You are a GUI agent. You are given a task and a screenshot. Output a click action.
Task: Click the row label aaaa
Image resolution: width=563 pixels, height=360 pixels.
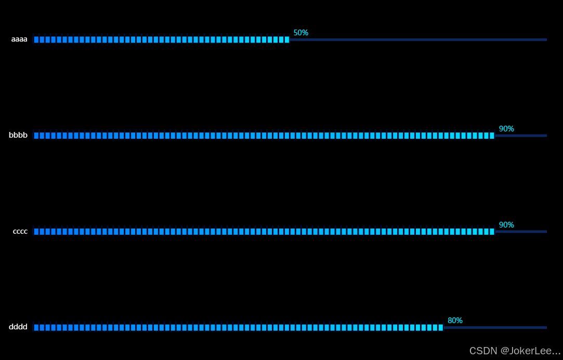pyautogui.click(x=19, y=39)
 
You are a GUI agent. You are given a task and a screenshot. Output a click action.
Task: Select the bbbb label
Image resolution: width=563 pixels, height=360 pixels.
pyautogui.click(x=18, y=136)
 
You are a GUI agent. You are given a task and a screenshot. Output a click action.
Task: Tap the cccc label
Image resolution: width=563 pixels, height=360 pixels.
pyautogui.click(x=20, y=232)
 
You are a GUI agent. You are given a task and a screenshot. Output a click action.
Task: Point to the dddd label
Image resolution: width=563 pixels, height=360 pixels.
pyautogui.click(x=18, y=327)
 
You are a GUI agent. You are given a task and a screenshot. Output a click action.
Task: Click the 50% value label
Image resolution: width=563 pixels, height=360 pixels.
pyautogui.click(x=300, y=33)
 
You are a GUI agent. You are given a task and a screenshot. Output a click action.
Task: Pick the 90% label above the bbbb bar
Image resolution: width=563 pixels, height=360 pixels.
pyautogui.click(x=506, y=129)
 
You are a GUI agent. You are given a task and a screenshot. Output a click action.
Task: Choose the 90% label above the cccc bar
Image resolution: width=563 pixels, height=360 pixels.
pyautogui.click(x=506, y=225)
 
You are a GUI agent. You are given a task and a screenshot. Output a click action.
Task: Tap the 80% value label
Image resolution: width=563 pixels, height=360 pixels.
pyautogui.click(x=455, y=321)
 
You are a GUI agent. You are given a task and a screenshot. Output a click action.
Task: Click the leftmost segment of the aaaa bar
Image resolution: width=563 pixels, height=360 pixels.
pyautogui.click(x=36, y=39)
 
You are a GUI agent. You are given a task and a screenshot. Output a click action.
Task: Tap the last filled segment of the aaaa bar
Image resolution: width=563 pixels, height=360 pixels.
pyautogui.click(x=287, y=39)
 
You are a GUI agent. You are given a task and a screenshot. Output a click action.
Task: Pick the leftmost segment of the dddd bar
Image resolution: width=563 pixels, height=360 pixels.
pyautogui.click(x=36, y=328)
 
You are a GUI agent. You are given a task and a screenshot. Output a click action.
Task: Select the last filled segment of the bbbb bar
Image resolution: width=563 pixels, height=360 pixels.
pyautogui.click(x=492, y=136)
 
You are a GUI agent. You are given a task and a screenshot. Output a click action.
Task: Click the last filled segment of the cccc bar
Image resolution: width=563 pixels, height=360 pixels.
pyautogui.click(x=492, y=232)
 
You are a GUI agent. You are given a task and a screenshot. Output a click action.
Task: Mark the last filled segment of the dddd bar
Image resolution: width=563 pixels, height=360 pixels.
pyautogui.click(x=441, y=328)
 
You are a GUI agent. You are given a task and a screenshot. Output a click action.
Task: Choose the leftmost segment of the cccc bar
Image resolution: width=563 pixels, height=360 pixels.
pyautogui.click(x=36, y=232)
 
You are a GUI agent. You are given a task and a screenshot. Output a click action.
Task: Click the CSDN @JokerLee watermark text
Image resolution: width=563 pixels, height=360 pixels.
pyautogui.click(x=515, y=351)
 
